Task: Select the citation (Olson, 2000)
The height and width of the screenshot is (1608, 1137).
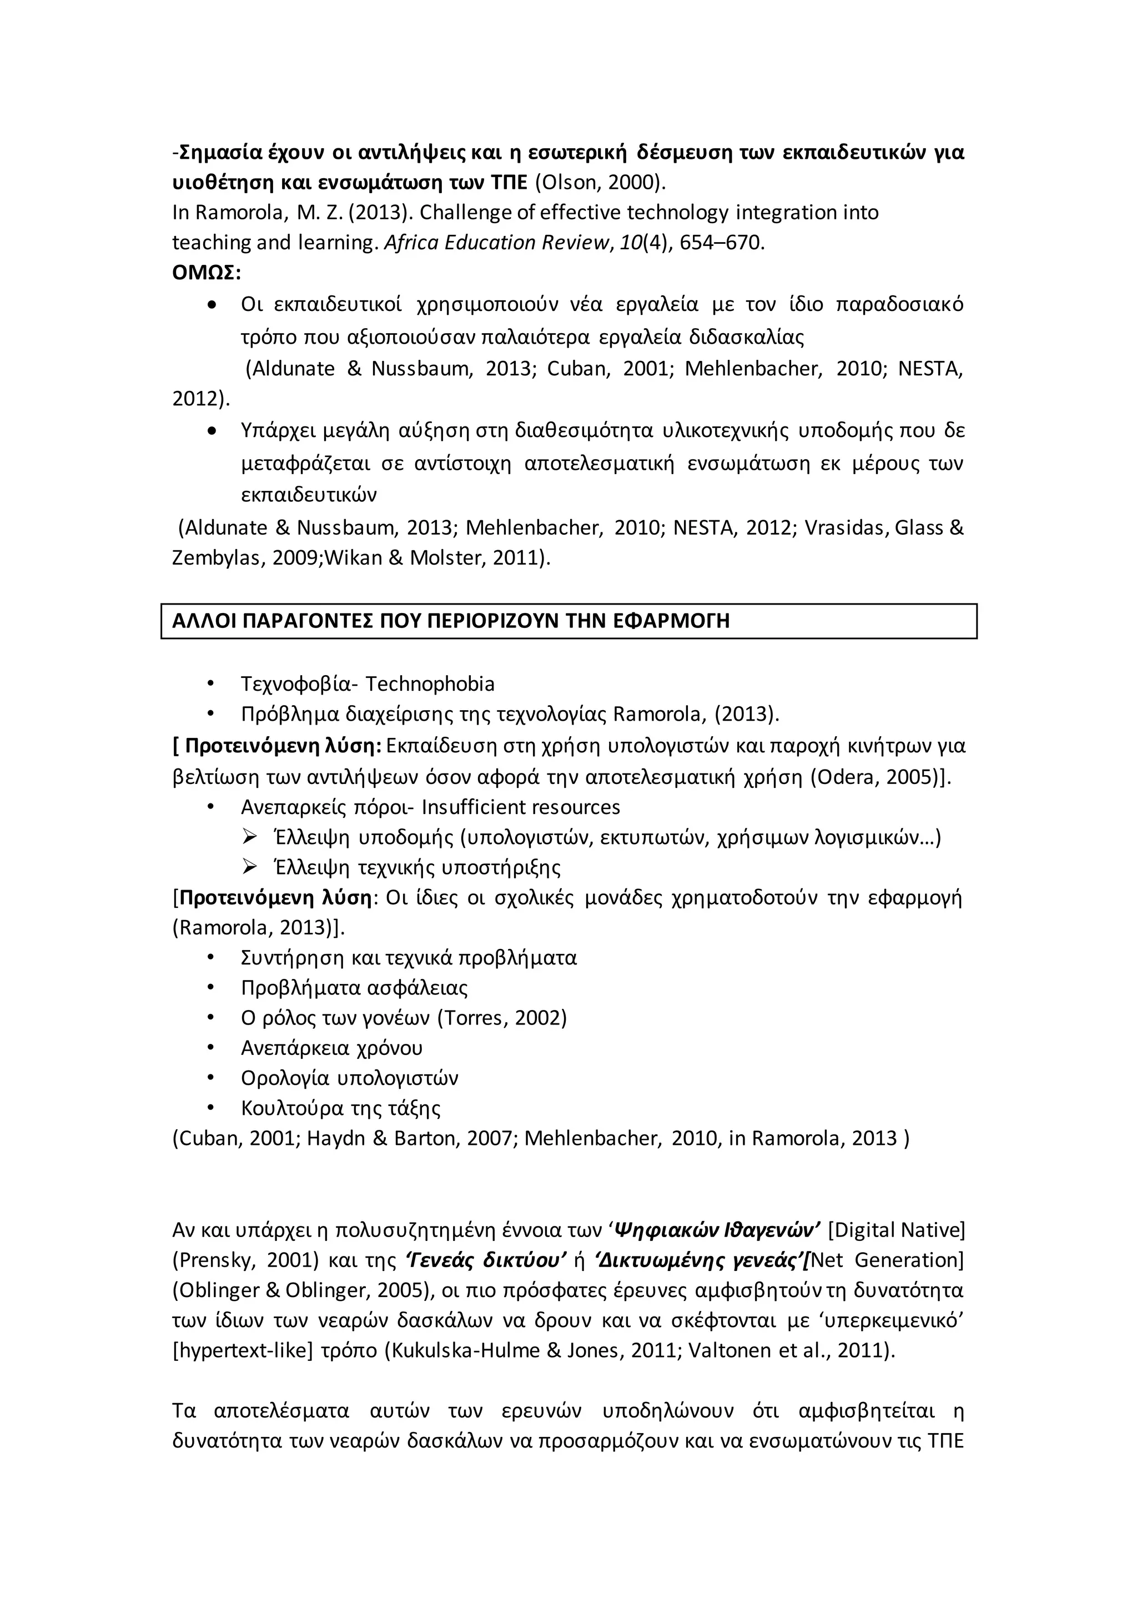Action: pyautogui.click(x=601, y=182)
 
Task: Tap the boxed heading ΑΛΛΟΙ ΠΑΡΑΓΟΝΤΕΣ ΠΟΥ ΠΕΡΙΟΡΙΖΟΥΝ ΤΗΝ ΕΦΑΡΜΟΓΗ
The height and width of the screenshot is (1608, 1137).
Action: pyautogui.click(x=451, y=621)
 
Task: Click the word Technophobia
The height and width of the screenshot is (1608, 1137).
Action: pyautogui.click(x=430, y=684)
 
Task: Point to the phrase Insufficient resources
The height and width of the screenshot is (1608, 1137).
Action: pyautogui.click(x=520, y=807)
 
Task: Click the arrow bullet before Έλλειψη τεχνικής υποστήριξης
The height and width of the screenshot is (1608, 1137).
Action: pyautogui.click(x=249, y=868)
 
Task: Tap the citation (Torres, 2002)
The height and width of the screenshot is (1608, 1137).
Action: pyautogui.click(x=501, y=1018)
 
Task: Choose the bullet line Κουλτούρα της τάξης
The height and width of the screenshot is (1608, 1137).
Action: pyautogui.click(x=340, y=1108)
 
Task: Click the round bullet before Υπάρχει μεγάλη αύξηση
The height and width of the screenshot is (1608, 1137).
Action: pyautogui.click(x=212, y=431)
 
